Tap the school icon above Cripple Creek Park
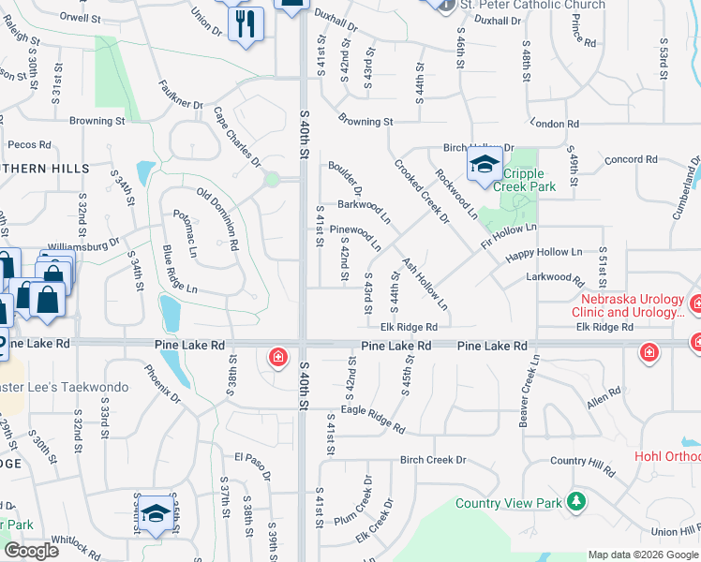pyautogui.click(x=484, y=166)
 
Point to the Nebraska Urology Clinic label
pyautogui.click(x=632, y=304)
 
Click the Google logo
pyautogui.click(x=31, y=551)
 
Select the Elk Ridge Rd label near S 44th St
pyautogui.click(x=410, y=327)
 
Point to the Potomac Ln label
pyautogui.click(x=186, y=233)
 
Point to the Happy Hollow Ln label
pyautogui.click(x=544, y=253)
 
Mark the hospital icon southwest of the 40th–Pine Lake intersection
pyautogui.click(x=278, y=357)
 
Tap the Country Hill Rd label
pyautogui.click(x=582, y=463)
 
